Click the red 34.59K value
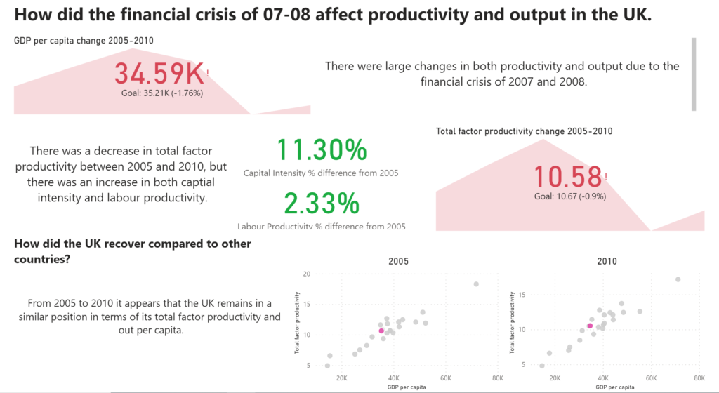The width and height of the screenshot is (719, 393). (x=159, y=74)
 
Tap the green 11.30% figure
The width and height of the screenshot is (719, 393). (x=322, y=150)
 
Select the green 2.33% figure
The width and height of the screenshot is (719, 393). (x=322, y=204)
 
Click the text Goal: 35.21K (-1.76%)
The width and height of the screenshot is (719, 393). (x=162, y=92)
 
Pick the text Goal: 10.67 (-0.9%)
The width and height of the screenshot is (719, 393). (x=570, y=196)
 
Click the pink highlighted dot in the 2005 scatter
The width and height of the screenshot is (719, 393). (x=381, y=331)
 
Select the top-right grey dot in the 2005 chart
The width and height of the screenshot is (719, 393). (x=476, y=284)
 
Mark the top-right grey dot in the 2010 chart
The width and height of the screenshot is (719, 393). (x=678, y=279)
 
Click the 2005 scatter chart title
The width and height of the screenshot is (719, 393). (x=398, y=261)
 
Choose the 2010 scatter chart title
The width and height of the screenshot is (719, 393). (x=607, y=261)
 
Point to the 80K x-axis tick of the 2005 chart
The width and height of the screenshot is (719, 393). (x=497, y=378)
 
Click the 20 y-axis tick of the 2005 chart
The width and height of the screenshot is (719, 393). (x=307, y=273)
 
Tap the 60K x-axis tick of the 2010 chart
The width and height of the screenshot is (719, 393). (x=651, y=378)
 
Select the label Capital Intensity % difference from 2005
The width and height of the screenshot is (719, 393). (x=321, y=173)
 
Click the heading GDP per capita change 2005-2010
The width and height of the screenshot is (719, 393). (x=84, y=41)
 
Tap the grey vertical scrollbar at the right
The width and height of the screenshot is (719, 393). (x=694, y=74)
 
